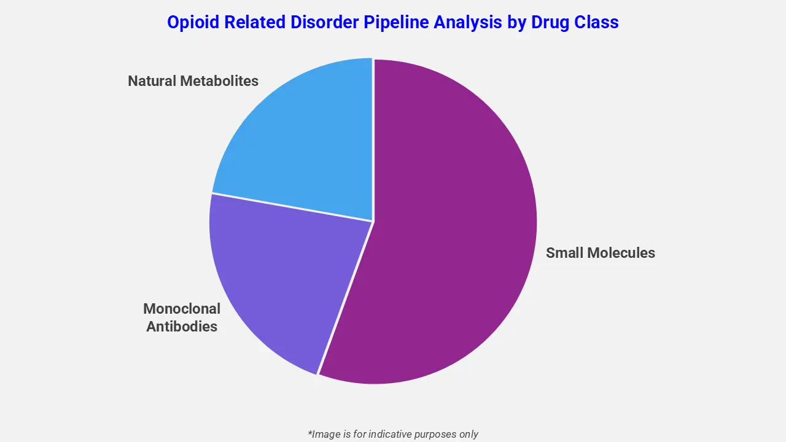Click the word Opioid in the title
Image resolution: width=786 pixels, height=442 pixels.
(x=192, y=23)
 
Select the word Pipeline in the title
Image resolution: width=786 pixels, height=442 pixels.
(x=401, y=23)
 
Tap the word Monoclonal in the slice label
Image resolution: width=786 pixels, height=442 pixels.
(x=182, y=309)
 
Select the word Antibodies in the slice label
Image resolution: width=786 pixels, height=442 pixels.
(x=182, y=327)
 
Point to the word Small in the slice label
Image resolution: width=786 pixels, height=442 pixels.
(x=565, y=253)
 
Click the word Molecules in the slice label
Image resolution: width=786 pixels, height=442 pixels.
(x=621, y=253)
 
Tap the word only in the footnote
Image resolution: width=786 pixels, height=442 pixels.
(x=468, y=434)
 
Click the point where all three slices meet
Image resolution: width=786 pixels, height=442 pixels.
(x=373, y=221)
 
